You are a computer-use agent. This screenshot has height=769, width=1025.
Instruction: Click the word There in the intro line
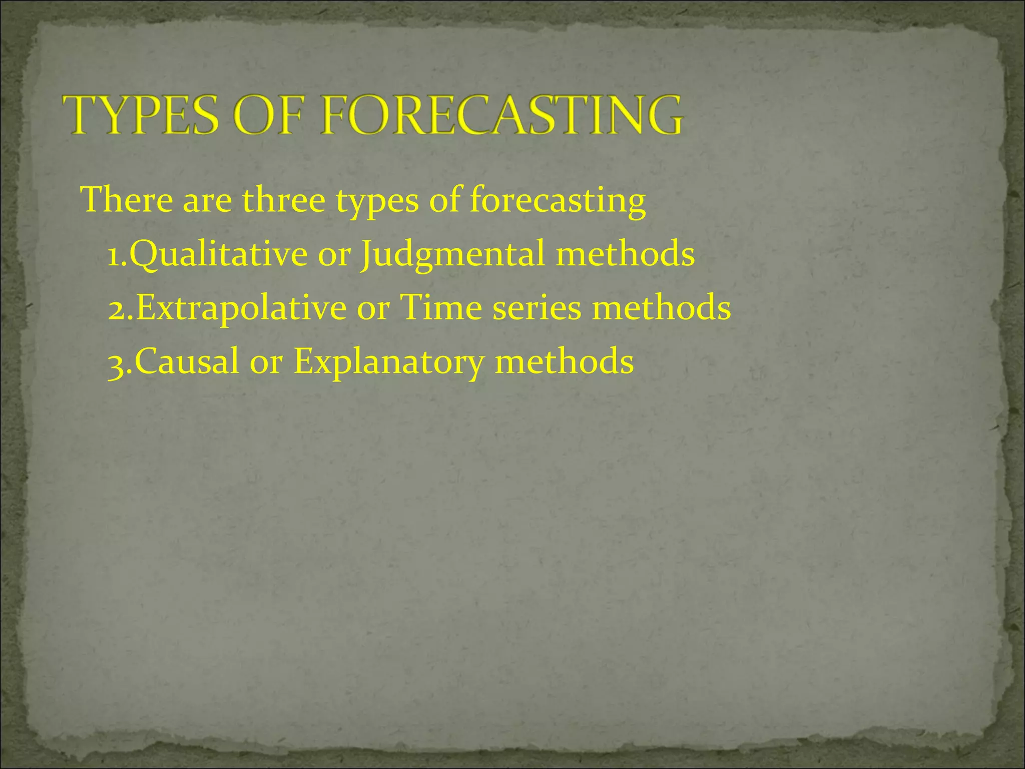[x=127, y=200]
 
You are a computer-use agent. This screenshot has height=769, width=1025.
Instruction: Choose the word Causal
[x=187, y=361]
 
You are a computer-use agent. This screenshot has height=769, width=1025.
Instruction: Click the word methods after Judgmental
[x=625, y=254]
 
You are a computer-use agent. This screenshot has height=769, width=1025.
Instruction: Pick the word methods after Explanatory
[x=564, y=361]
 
